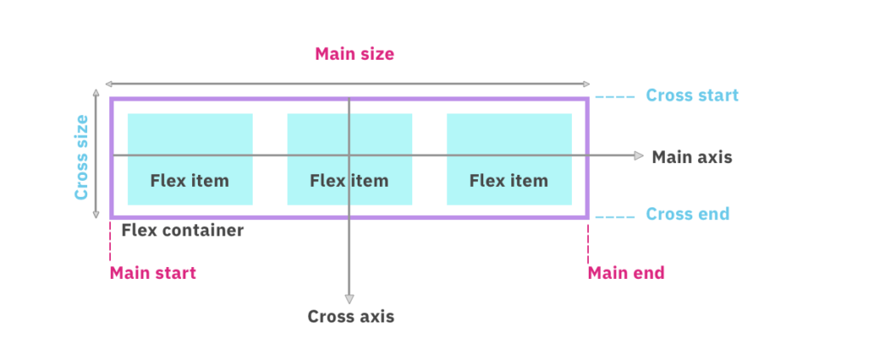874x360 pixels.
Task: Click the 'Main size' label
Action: click(x=354, y=55)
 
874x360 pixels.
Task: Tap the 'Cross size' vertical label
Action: click(x=82, y=158)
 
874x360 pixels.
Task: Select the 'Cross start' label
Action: click(x=692, y=96)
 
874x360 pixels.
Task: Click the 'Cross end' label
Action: click(x=688, y=214)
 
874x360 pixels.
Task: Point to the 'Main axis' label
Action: click(x=691, y=157)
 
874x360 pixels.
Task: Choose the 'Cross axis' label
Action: click(x=351, y=316)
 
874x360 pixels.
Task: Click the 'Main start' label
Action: click(x=152, y=273)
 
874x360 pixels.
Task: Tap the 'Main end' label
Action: click(x=626, y=273)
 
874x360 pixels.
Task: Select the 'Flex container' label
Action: click(x=182, y=230)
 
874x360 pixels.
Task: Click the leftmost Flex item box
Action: click(x=189, y=160)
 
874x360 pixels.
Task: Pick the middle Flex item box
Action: click(x=349, y=160)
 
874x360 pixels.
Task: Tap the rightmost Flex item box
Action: click(x=509, y=160)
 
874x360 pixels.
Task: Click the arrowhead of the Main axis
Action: click(x=638, y=155)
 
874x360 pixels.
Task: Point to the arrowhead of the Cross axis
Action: click(x=348, y=299)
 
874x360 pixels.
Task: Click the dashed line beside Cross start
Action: click(x=614, y=98)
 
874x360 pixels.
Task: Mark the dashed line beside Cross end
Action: click(x=614, y=218)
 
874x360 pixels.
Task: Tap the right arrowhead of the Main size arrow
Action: click(x=586, y=84)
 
